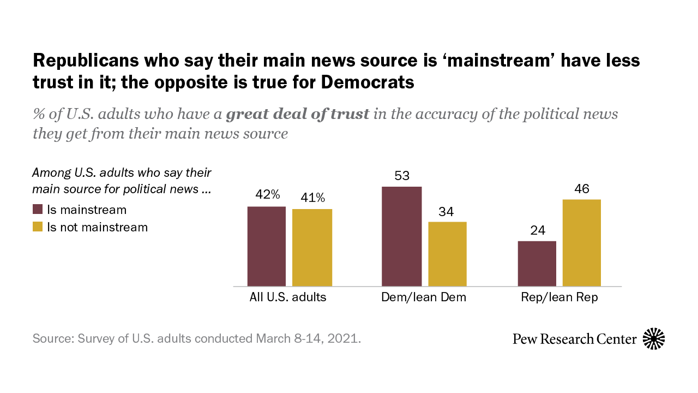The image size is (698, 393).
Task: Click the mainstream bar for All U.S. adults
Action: click(x=267, y=246)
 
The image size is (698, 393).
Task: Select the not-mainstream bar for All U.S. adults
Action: click(x=312, y=247)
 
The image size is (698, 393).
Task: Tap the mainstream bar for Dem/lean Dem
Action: click(x=402, y=236)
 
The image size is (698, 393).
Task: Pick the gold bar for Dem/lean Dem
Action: click(x=447, y=254)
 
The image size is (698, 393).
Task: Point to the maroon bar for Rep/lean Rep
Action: click(x=537, y=264)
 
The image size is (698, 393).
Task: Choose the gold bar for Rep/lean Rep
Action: click(x=582, y=243)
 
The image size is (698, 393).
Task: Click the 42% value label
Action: click(x=268, y=195)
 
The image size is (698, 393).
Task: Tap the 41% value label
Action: click(x=312, y=198)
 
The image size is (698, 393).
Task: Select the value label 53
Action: click(x=402, y=176)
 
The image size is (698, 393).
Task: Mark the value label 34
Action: click(x=447, y=211)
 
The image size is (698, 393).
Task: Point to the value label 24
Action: click(x=537, y=230)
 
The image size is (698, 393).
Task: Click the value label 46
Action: click(x=582, y=188)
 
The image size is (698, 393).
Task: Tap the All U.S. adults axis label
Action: click(x=288, y=297)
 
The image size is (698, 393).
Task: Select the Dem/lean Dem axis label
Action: click(x=424, y=297)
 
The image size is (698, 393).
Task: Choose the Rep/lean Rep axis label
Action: click(x=559, y=297)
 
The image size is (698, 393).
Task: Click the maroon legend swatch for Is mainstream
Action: click(x=38, y=210)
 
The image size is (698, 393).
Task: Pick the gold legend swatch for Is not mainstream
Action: click(x=38, y=227)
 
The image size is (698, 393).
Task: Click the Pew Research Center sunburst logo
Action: click(x=654, y=339)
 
